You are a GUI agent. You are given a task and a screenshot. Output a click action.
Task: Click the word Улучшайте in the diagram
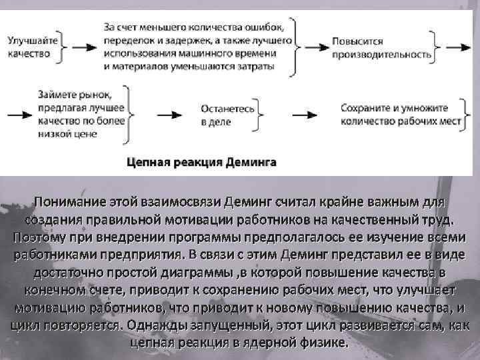point(31,41)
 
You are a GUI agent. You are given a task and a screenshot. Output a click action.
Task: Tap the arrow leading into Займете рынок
point(18,114)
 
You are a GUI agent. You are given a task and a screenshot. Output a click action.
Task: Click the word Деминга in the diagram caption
point(246,162)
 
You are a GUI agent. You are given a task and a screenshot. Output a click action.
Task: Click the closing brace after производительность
point(437,47)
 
